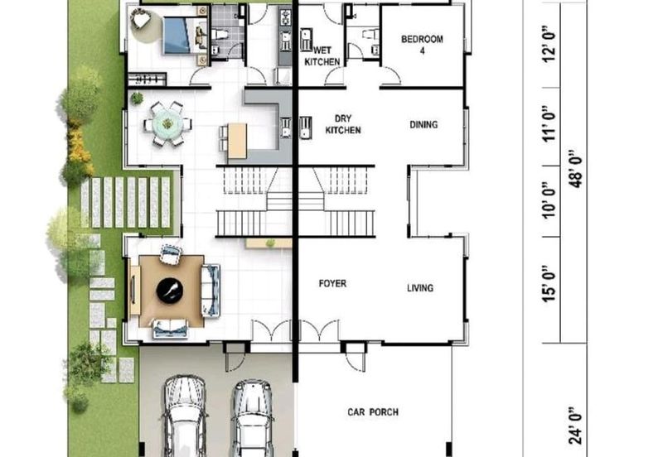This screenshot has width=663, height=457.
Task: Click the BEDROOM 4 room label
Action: [422, 45]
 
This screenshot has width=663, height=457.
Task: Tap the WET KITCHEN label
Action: [322, 56]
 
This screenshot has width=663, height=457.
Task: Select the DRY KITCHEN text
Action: [343, 124]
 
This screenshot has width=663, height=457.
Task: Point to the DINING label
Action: [423, 124]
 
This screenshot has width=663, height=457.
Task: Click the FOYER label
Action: [332, 283]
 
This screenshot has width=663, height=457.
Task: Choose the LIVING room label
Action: [420, 288]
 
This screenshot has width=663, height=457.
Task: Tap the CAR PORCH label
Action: [373, 411]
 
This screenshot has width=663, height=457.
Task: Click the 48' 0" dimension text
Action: [575, 169]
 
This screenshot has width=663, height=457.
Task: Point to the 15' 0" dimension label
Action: [549, 284]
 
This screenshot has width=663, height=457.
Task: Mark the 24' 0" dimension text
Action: [575, 426]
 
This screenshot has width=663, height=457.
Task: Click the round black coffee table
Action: [170, 291]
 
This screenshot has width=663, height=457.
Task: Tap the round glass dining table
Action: [167, 124]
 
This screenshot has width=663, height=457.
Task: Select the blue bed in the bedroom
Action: [185, 36]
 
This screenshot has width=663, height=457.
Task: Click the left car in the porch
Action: [185, 417]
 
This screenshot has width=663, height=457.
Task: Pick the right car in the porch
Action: [253, 419]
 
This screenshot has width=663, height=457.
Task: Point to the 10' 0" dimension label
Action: [549, 200]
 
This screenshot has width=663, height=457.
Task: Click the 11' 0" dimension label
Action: [549, 124]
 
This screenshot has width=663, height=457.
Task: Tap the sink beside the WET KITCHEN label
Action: [306, 39]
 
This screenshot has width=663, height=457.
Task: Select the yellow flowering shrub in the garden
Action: [80, 148]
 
